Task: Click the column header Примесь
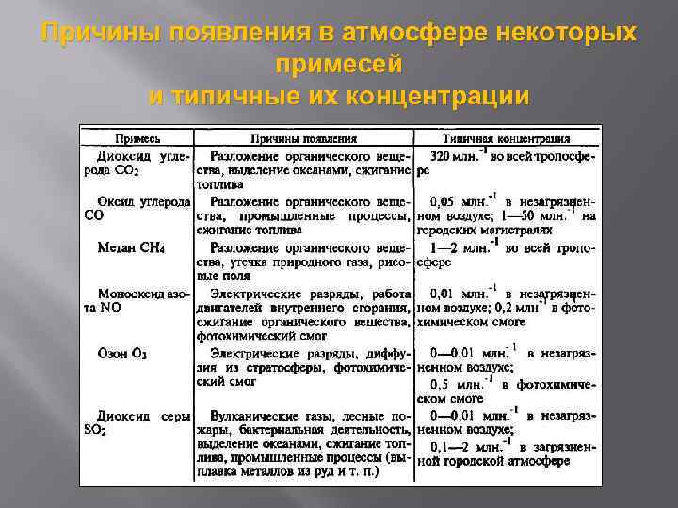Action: (137, 138)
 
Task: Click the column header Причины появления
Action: (297, 138)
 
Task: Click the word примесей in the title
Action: (339, 65)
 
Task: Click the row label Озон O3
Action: (122, 355)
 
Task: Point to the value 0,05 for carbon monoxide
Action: (445, 201)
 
